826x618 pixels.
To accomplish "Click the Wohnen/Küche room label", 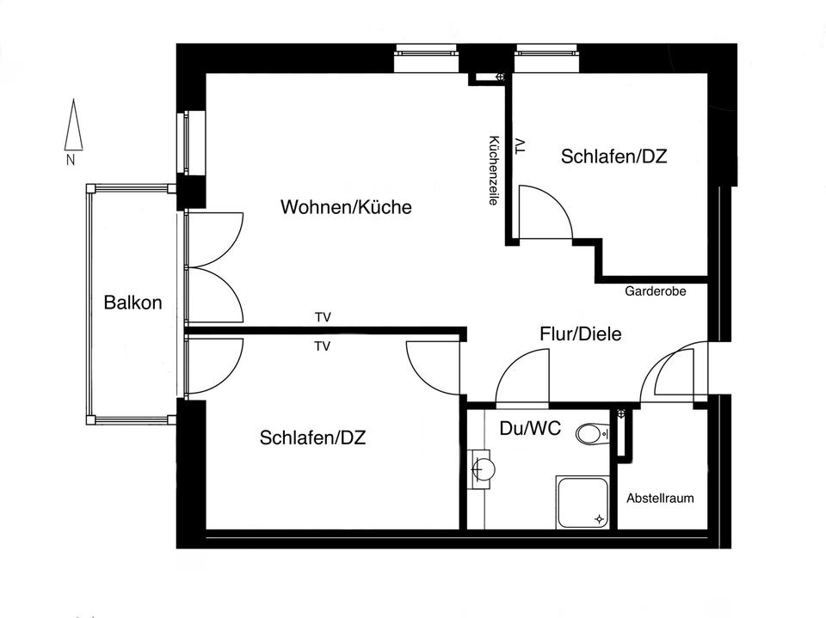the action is pos(346,207).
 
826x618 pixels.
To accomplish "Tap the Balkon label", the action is pos(133,303).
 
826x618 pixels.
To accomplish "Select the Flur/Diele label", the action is pos(580,334).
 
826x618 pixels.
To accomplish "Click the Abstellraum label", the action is pos(660,499).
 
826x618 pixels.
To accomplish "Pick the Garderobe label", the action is pos(655,291).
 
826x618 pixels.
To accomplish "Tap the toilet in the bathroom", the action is pos(591,434).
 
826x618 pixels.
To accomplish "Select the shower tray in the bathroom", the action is pos(583,503).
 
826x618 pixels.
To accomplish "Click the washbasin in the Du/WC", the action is pos(483,469).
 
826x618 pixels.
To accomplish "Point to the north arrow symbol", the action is pos(73,125).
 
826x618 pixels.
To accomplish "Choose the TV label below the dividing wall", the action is pos(323,347).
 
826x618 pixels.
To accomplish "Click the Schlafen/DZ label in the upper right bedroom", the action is pos(614,157).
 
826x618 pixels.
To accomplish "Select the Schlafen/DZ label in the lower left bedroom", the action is pos(312,438).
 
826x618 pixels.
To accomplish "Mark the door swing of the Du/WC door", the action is pos(521,378).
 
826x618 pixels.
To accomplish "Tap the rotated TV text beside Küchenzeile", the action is pos(519,146).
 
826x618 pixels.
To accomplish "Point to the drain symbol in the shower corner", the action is pos(601,518).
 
